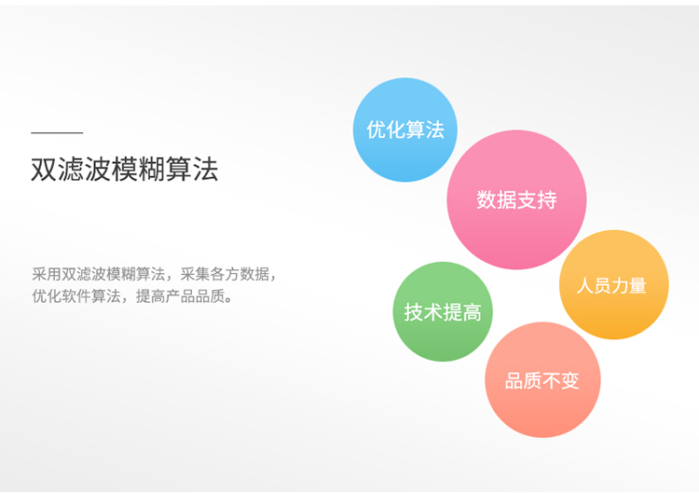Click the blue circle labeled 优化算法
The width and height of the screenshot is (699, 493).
point(405,130)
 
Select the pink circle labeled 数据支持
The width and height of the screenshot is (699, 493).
point(516,199)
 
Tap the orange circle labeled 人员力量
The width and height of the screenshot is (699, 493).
point(614,285)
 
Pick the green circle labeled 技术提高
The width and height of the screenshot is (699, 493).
point(443,311)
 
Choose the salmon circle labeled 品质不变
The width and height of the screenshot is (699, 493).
point(542,380)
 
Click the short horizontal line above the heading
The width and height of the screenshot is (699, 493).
point(57,132)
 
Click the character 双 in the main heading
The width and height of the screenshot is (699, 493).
point(44,170)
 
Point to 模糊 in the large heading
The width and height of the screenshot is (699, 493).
point(138,170)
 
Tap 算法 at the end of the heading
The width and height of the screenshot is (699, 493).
point(192,170)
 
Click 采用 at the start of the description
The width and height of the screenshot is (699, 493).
point(47,274)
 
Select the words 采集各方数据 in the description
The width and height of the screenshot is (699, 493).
point(225,274)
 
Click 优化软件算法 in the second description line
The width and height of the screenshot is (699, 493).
point(76,296)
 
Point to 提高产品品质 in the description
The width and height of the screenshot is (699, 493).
point(180,296)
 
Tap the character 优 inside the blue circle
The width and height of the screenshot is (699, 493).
point(376,130)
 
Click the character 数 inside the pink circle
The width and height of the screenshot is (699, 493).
point(487,199)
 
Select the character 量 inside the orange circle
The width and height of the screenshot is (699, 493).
point(637,285)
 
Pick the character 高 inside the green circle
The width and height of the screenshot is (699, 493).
point(473,312)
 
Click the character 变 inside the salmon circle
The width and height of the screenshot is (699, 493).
point(570,380)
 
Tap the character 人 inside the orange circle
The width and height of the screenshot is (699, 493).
point(585,285)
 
